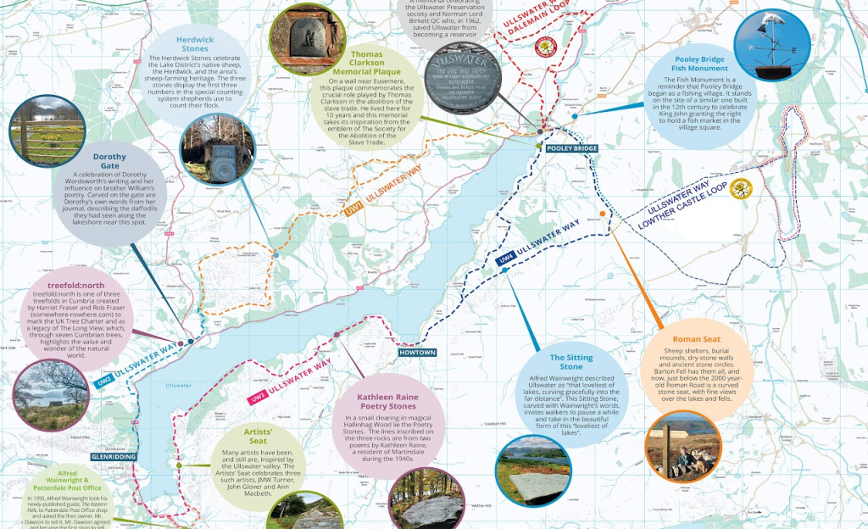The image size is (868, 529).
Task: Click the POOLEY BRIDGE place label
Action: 572,148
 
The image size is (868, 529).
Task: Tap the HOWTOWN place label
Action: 417,353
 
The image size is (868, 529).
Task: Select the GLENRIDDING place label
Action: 114,456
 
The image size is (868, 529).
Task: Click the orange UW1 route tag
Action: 354,209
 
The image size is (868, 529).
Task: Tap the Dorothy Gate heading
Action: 109,161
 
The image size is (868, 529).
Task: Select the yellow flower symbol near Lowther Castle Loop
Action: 740,187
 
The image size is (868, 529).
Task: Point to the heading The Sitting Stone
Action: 571,362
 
